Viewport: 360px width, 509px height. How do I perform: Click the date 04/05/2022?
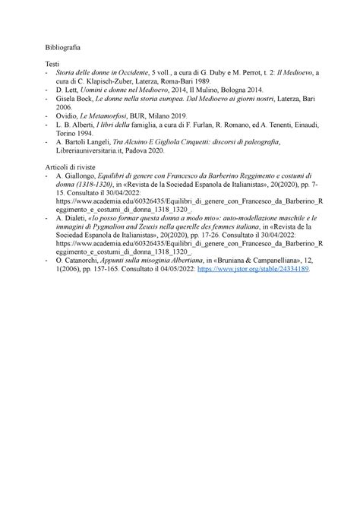[x=172, y=269]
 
